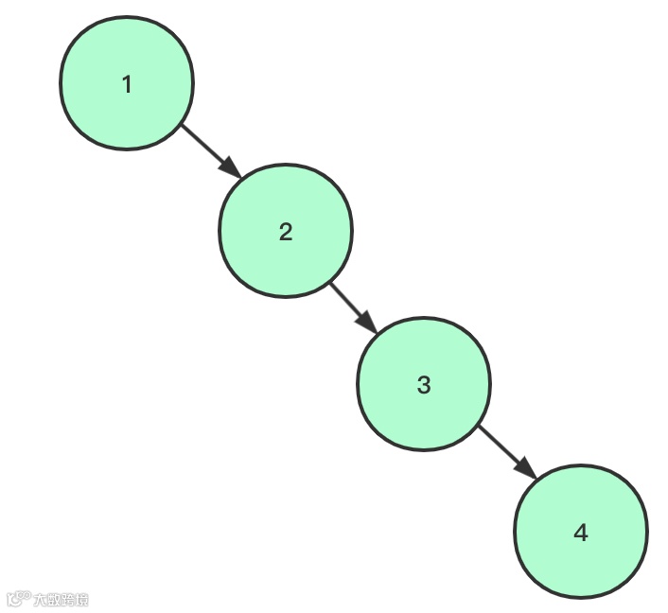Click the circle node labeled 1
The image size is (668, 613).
click(x=127, y=82)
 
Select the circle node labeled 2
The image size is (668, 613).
click(x=286, y=230)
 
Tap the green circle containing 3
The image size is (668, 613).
click(x=423, y=383)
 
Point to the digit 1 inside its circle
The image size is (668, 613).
click(x=127, y=84)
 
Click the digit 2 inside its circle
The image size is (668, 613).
click(x=286, y=232)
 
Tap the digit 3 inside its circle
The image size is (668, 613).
click(x=423, y=385)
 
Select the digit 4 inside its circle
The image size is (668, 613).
click(x=580, y=533)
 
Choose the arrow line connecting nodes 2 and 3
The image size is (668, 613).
click(x=346, y=300)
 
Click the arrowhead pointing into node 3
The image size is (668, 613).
click(x=367, y=324)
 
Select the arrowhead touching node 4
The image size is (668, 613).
click(x=525, y=470)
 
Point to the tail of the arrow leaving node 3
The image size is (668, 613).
click(x=482, y=429)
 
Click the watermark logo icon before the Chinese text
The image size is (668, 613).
click(x=17, y=599)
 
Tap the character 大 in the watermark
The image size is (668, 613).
click(x=40, y=599)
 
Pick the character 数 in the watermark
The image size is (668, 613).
click(x=54, y=599)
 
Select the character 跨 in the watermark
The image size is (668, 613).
click(x=68, y=599)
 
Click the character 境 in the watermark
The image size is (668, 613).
click(x=82, y=599)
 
